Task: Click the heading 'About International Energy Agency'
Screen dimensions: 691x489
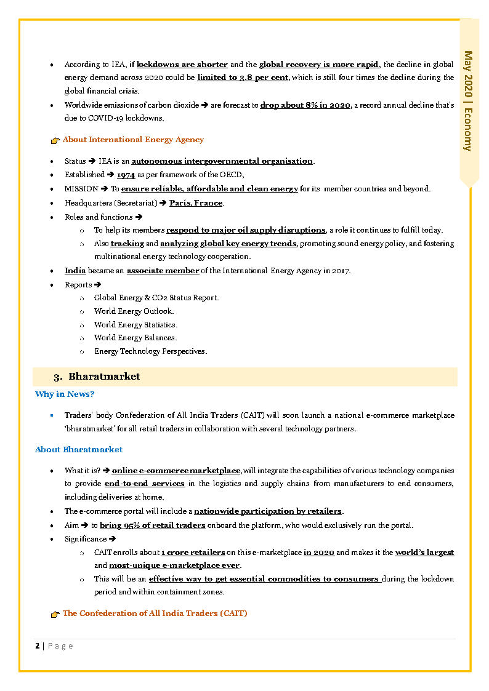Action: coord(133,140)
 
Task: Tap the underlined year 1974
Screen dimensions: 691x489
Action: coord(126,175)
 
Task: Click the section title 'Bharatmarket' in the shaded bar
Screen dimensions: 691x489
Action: coord(104,377)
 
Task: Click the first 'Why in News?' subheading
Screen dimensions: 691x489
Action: coord(65,394)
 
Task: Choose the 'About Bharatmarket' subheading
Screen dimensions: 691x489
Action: coord(79,450)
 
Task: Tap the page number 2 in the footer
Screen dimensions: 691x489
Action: coord(38,645)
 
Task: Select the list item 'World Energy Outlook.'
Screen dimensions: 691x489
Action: coord(134,311)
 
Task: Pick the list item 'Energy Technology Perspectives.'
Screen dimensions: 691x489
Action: coord(150,352)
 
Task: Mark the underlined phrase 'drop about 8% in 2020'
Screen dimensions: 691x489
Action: coord(305,105)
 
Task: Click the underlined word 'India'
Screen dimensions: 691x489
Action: coord(75,271)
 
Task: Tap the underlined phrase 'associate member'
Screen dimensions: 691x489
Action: coord(163,271)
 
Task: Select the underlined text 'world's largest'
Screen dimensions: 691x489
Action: coord(424,553)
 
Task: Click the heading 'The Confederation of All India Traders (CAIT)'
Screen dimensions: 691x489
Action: coord(155,613)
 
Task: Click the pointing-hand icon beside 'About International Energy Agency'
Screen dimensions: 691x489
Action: coord(55,140)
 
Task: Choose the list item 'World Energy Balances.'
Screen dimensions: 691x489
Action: coord(135,338)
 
